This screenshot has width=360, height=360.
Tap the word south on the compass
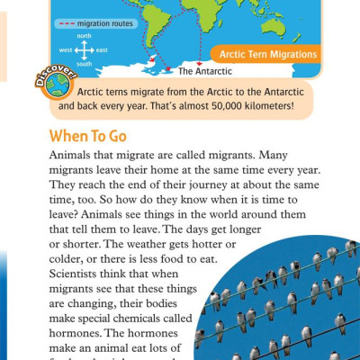[x=84, y=64]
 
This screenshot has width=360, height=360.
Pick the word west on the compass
[x=65, y=50]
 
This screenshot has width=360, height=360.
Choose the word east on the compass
[x=102, y=50]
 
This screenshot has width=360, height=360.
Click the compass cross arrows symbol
[x=83, y=50]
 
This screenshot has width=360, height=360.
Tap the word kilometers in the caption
[x=269, y=105]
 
